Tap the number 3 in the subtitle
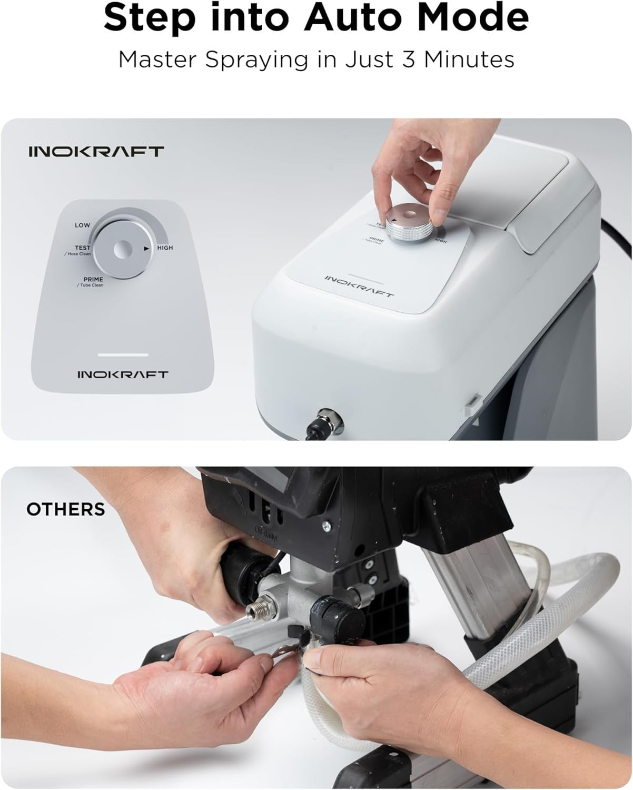[409, 59]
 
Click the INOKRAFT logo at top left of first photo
[96, 152]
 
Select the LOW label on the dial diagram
[82, 225]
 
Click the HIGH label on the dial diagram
[165, 248]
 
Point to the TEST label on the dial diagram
[83, 248]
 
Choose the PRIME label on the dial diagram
[93, 279]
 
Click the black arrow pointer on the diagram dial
[146, 248]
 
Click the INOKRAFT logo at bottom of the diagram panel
[123, 374]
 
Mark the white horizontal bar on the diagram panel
[123, 354]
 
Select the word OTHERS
[66, 509]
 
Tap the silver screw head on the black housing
[328, 526]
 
